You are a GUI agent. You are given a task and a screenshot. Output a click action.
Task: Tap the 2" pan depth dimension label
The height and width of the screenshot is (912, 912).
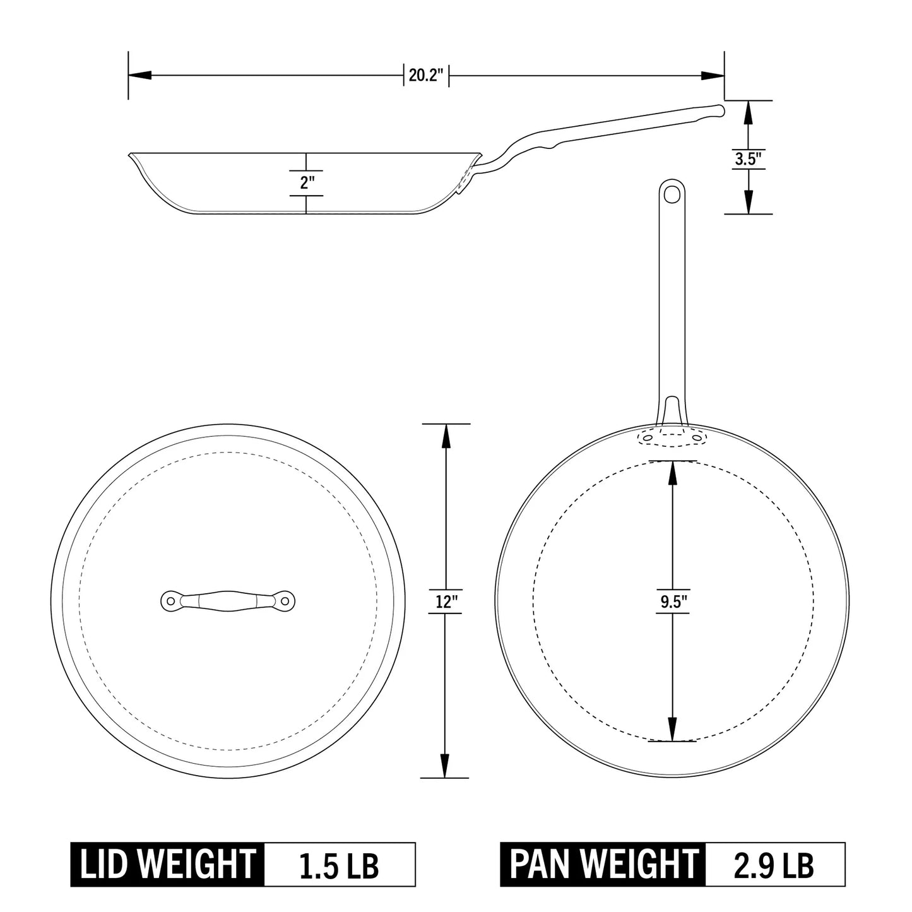pyautogui.click(x=307, y=183)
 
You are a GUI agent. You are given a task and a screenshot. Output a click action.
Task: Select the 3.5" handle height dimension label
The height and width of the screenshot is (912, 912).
pyautogui.click(x=748, y=159)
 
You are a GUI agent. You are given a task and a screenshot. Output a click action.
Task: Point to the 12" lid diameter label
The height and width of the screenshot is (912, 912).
pyautogui.click(x=446, y=602)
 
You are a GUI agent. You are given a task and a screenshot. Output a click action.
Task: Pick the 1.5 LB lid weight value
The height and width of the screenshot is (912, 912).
pyautogui.click(x=340, y=865)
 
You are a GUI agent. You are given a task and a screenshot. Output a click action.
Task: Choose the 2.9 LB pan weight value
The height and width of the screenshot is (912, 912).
pyautogui.click(x=774, y=865)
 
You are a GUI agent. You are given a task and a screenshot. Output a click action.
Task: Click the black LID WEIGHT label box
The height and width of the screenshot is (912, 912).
pyautogui.click(x=167, y=865)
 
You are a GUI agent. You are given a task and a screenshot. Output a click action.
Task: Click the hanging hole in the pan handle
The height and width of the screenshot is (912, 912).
pyautogui.click(x=673, y=192)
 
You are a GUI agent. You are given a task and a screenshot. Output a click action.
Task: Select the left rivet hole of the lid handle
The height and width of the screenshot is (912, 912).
pyautogui.click(x=170, y=600)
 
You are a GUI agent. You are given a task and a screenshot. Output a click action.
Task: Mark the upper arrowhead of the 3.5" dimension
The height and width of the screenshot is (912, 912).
pyautogui.click(x=748, y=112)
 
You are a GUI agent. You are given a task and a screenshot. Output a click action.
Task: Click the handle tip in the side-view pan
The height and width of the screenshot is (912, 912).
pyautogui.click(x=719, y=110)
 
